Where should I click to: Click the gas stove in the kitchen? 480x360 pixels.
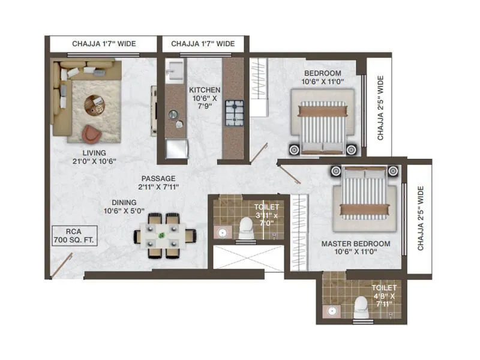233,112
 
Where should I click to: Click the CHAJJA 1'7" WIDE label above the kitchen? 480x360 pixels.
203,44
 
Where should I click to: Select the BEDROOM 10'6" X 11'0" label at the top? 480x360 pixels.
323,78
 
